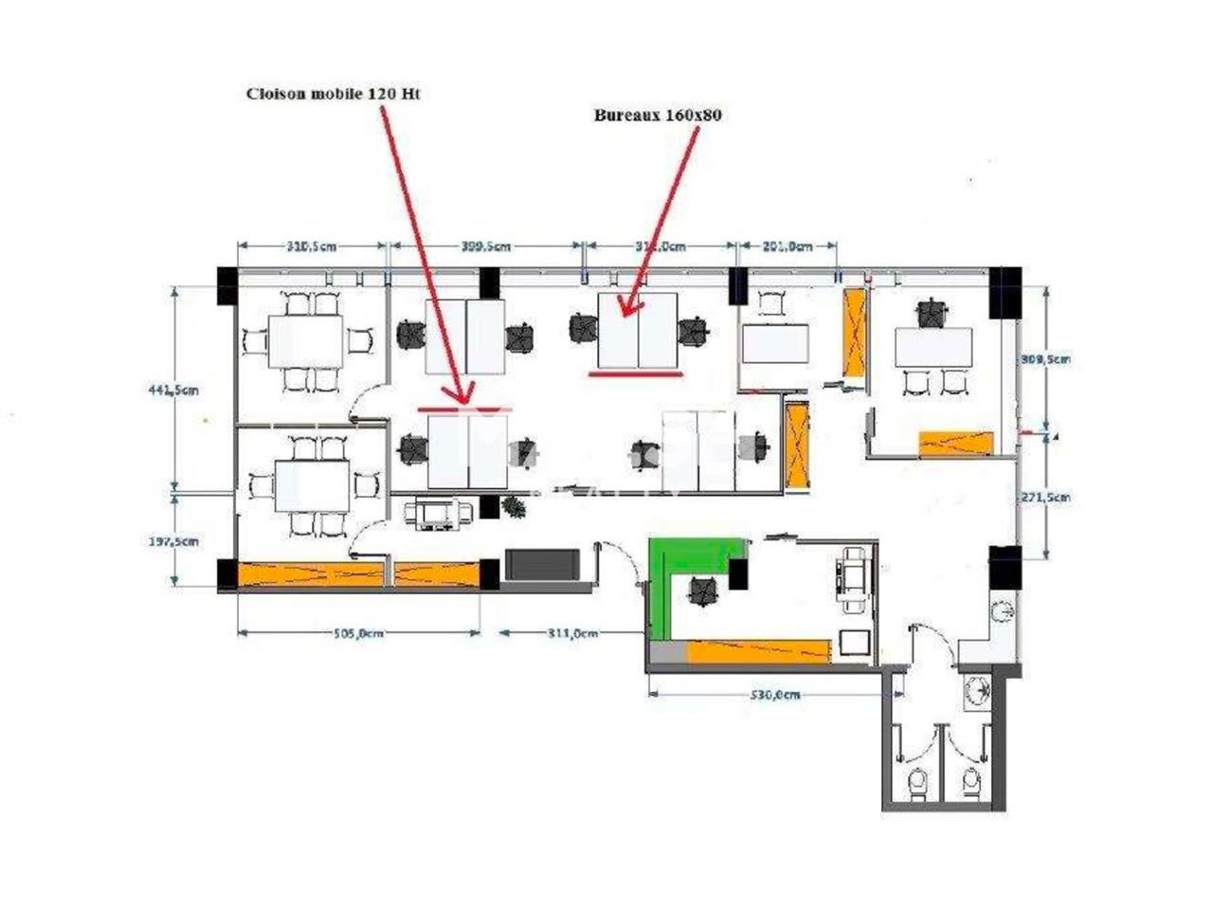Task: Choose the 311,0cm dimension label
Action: coord(571,633)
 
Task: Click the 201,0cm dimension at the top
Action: coord(788,246)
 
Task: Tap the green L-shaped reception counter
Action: coord(662,588)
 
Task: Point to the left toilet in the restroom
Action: coord(916,784)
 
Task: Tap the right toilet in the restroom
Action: coord(969,784)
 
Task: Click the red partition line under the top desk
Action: coord(635,373)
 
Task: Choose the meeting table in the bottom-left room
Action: coord(313,485)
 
